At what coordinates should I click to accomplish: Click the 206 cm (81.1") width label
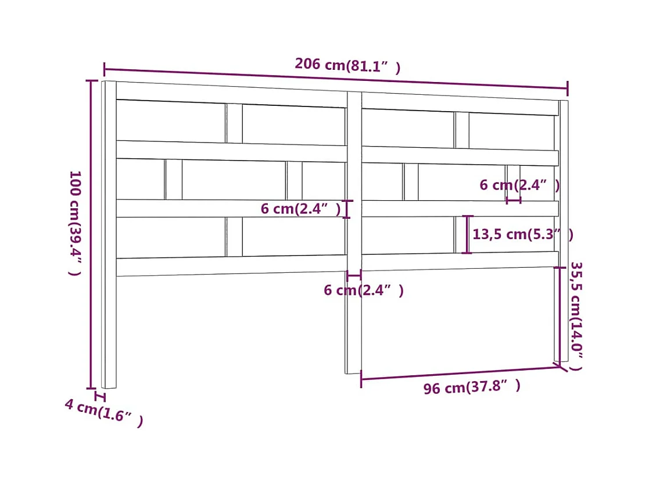point(347,65)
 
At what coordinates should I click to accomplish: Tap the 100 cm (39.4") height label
point(75,223)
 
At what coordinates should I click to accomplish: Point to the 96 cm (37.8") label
point(471,386)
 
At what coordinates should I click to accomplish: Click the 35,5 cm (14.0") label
point(576,316)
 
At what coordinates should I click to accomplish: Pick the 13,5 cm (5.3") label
point(522,234)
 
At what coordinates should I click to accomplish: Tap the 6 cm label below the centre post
point(363,290)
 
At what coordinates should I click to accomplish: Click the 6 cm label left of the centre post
point(300,208)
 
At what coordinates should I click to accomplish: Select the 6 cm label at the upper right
point(519,185)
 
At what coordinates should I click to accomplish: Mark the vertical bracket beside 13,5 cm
point(467,234)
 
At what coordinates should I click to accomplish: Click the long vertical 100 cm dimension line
point(91,233)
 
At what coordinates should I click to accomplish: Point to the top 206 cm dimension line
point(336,79)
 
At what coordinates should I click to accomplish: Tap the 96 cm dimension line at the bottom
point(459,373)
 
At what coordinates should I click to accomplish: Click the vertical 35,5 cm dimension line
point(561,314)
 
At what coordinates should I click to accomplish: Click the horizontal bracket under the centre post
point(354,275)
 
